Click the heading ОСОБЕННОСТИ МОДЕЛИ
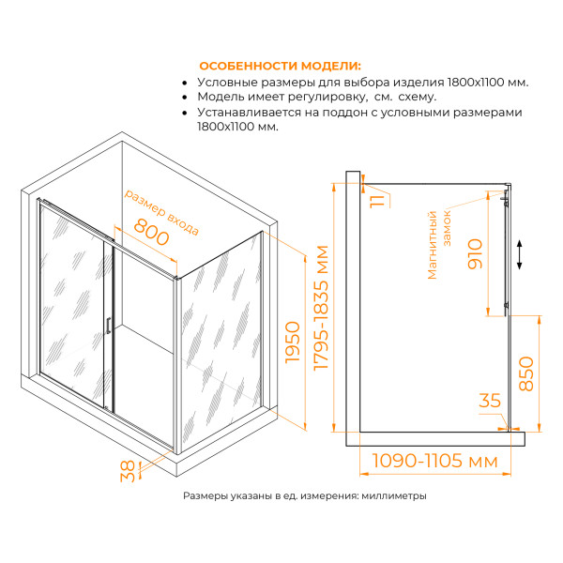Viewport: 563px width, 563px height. [x=280, y=66]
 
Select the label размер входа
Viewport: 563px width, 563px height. [x=161, y=209]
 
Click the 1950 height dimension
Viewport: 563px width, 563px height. [x=292, y=348]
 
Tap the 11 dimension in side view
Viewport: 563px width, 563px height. [x=377, y=199]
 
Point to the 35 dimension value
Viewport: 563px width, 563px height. [x=490, y=401]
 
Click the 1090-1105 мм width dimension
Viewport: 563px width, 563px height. [x=434, y=461]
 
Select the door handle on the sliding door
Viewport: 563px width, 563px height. [x=107, y=325]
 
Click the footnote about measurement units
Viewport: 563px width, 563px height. [x=304, y=496]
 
